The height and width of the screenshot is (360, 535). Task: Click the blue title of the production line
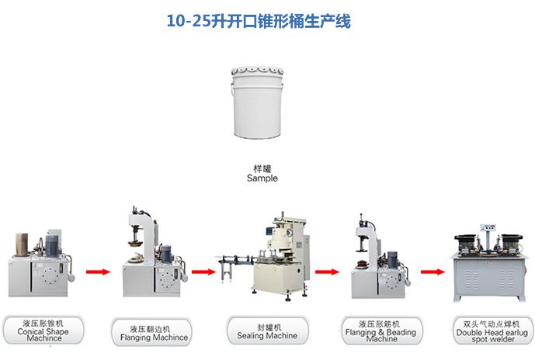tap(259, 21)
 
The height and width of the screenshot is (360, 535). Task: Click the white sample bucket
tap(257, 102)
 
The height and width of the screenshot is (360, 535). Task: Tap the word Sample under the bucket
tap(262, 178)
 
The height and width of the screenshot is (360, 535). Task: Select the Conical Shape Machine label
tap(43, 330)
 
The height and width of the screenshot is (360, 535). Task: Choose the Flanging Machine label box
tap(151, 332)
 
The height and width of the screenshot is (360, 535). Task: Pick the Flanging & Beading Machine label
tap(381, 331)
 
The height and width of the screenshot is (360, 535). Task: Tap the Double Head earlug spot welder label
tap(493, 331)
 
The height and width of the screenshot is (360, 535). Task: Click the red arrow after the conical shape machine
tap(99, 272)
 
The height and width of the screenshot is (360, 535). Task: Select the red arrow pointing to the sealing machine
tap(203, 272)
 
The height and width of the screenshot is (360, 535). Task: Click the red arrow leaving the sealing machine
tap(327, 272)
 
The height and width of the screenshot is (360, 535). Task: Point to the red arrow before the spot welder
tap(433, 272)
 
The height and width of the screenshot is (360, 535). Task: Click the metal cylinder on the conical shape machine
tap(22, 244)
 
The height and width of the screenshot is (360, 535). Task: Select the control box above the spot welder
tap(488, 228)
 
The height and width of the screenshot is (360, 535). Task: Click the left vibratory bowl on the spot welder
tap(465, 243)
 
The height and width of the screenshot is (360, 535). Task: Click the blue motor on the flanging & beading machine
tap(392, 259)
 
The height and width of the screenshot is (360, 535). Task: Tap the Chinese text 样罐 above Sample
tap(262, 169)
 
